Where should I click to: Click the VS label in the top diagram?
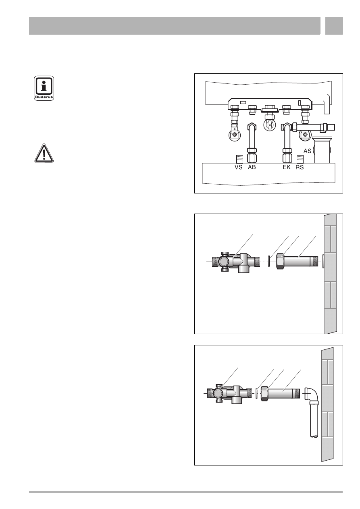[238, 167]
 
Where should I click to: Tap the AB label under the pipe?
[252, 167]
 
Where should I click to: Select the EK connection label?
[287, 167]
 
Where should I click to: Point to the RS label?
[300, 167]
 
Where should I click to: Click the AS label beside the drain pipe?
[307, 151]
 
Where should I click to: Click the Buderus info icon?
[44, 88]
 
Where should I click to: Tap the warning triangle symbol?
[44, 153]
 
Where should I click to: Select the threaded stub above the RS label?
[300, 159]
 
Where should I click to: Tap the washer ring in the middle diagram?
[269, 261]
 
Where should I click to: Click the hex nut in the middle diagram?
[281, 261]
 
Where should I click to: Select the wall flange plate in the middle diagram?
[323, 261]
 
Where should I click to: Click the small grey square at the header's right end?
[334, 26]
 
